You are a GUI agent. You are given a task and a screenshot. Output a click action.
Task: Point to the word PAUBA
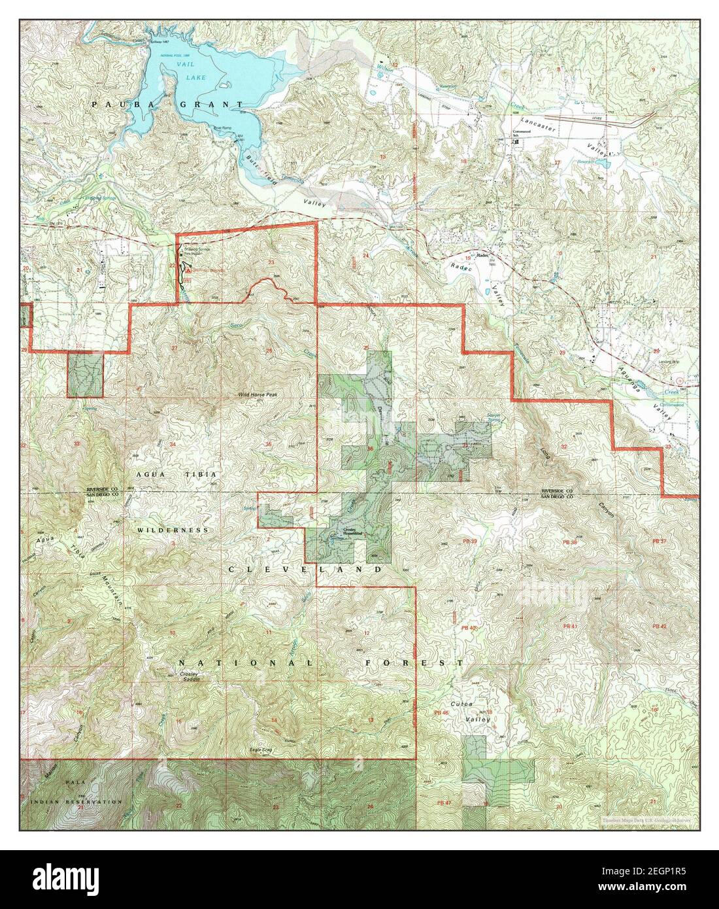pyautogui.click(x=114, y=104)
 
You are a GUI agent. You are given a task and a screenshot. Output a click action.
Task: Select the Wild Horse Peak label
pyautogui.click(x=257, y=394)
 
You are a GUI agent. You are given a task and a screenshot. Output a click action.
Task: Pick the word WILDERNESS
pyautogui.click(x=173, y=529)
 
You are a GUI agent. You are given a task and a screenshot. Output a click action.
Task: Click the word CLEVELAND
pyautogui.click(x=305, y=570)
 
